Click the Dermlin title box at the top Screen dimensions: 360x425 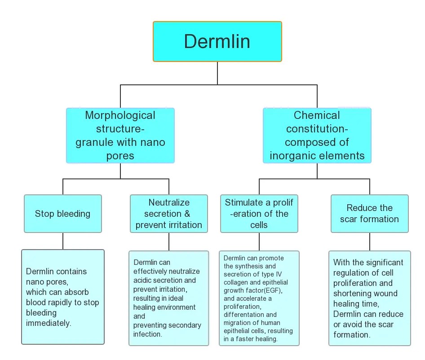(217, 41)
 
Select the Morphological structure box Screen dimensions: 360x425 (120, 135)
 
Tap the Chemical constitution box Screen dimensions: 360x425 (317, 135)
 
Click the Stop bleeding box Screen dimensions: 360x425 (62, 214)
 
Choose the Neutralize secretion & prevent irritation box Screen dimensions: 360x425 (169, 214)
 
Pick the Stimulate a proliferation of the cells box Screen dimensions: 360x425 (259, 214)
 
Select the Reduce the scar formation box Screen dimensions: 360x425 (369, 214)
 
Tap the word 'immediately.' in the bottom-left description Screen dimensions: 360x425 (49, 323)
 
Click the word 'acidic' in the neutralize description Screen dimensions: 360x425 (143, 280)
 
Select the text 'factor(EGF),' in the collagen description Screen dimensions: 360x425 (265, 290)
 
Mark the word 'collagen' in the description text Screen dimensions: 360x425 (237, 282)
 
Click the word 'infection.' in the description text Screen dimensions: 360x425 (148, 334)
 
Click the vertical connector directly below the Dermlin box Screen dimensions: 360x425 (217, 72)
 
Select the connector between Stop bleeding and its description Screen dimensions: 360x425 (62, 241)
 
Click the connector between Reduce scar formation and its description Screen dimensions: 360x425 (369, 241)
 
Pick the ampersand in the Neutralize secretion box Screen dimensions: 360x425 (187, 214)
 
